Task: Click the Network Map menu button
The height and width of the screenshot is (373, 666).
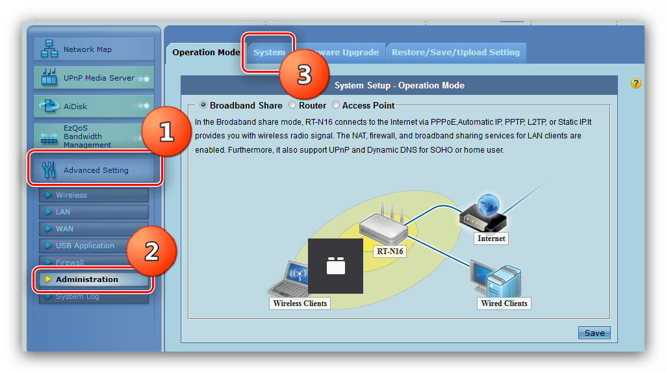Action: tap(94, 49)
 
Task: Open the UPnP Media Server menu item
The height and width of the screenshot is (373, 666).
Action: tap(94, 78)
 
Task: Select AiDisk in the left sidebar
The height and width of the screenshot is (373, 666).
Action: tap(94, 106)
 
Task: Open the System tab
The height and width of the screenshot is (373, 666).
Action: tap(269, 52)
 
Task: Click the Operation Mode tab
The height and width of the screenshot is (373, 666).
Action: tap(206, 52)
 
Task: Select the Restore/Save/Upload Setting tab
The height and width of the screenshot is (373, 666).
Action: tap(455, 52)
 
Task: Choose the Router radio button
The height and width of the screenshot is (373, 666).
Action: tap(293, 105)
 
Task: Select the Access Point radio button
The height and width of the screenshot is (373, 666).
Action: tap(336, 105)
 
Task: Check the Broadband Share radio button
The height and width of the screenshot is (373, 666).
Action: tap(204, 105)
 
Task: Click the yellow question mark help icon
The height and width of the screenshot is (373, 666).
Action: tap(636, 83)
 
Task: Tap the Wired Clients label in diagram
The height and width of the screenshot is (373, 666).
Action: tap(504, 303)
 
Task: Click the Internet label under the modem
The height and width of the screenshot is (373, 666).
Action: tap(491, 238)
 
